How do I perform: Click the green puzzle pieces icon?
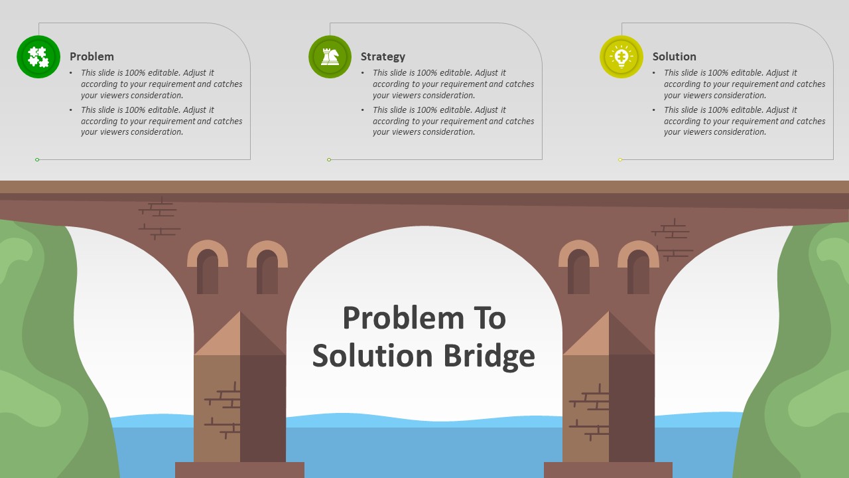[x=38, y=57]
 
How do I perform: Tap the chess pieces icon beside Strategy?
[x=330, y=57]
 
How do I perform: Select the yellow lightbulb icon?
[x=621, y=57]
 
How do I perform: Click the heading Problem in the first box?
[x=92, y=56]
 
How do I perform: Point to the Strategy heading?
[x=383, y=56]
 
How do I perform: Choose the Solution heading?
[x=675, y=56]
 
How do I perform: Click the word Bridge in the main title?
[x=489, y=357]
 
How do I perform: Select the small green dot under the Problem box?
[x=37, y=160]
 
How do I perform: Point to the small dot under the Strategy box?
[x=329, y=160]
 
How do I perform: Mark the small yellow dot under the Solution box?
[x=620, y=160]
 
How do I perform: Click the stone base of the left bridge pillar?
[x=239, y=470]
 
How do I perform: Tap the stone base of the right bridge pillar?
[x=608, y=470]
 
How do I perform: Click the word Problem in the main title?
[x=404, y=318]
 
